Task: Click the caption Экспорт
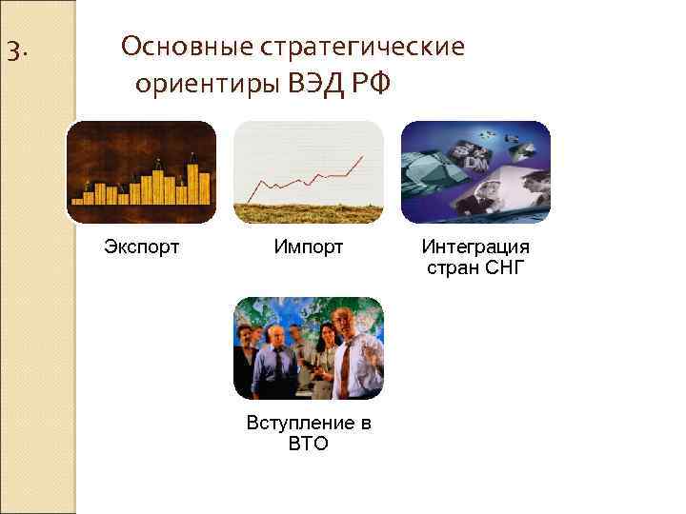141,247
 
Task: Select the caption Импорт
308,247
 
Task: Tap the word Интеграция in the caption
475,247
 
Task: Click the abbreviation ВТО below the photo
308,444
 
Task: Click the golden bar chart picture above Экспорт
141,171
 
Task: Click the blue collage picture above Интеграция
475,171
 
